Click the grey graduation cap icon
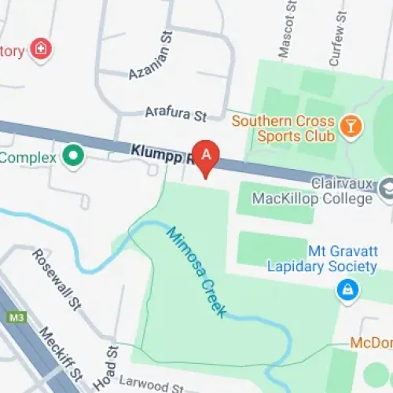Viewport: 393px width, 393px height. (387, 189)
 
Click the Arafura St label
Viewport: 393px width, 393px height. (174, 115)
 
